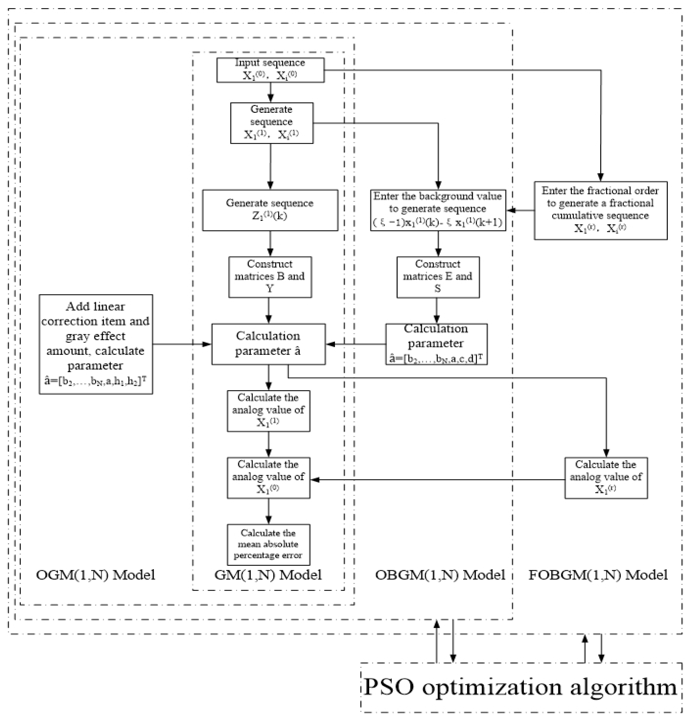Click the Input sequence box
(270, 70)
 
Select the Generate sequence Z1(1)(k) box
(270, 210)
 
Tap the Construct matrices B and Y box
(270, 277)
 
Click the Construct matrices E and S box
(438, 277)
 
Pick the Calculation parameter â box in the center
(268, 344)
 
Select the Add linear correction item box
(96, 344)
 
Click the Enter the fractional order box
(601, 210)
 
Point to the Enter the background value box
(438, 210)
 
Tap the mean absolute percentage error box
(268, 544)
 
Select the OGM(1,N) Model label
(95, 575)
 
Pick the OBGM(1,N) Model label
(440, 575)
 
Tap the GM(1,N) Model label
(268, 575)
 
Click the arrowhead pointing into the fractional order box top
(601, 177)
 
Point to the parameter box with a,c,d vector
(436, 344)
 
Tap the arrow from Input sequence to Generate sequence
(270, 92)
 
